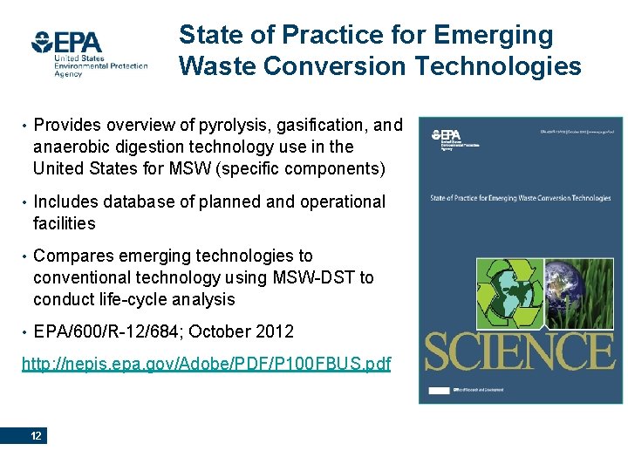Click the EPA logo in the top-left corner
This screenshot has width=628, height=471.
pos(89,51)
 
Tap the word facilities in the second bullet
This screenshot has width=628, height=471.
pos(64,223)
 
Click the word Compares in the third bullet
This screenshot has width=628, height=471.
pos(73,256)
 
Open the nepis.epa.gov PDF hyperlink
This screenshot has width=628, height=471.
pos(206,362)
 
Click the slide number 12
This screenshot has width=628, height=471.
pos(36,436)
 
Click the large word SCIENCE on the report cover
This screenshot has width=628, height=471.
pos(519,352)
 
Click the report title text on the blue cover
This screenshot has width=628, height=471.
pos(521,198)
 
